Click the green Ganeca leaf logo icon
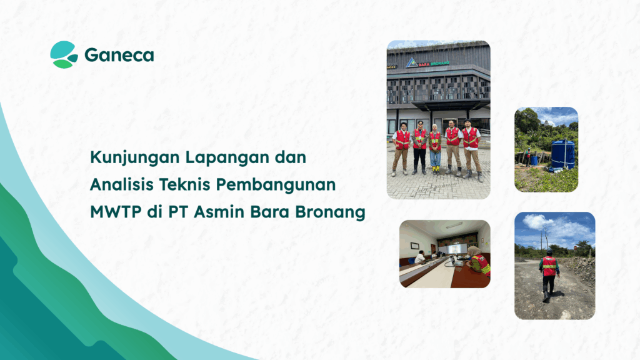64,54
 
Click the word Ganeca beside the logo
119,55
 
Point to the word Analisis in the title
117,185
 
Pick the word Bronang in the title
333,212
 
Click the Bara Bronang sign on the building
432,63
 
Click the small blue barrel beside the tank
534,160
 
